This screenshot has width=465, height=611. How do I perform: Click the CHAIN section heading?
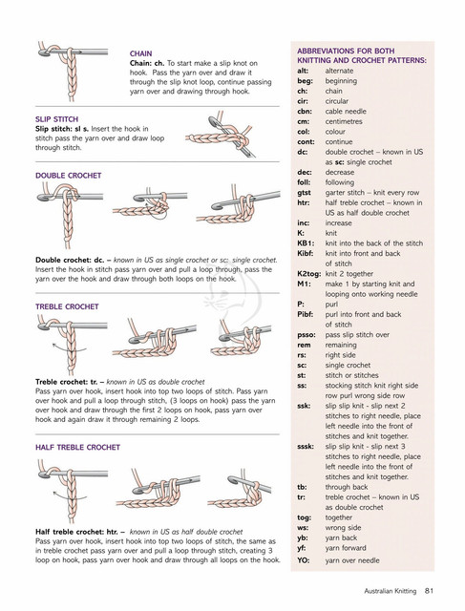[140, 53]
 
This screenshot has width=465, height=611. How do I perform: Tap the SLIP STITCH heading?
[57, 119]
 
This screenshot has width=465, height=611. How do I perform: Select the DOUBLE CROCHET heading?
[68, 176]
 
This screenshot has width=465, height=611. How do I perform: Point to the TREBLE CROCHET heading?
[67, 306]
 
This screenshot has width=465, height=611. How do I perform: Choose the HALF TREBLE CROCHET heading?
[77, 448]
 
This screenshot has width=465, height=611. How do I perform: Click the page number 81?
[429, 591]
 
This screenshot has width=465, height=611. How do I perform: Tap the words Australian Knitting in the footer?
[391, 591]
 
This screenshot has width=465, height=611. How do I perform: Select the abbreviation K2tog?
[309, 274]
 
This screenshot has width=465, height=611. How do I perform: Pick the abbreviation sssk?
[306, 447]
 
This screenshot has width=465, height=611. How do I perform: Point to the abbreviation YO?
[304, 560]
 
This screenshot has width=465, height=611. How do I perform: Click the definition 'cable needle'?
[346, 112]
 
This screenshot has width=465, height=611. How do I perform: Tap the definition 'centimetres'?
[344, 121]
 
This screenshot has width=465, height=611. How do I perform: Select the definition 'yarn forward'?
[346, 548]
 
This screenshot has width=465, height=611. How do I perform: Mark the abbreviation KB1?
[306, 243]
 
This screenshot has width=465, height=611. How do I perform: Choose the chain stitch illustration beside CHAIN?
[73, 71]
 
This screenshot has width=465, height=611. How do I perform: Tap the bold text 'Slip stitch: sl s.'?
[62, 129]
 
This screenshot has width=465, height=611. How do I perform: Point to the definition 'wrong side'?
[343, 528]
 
